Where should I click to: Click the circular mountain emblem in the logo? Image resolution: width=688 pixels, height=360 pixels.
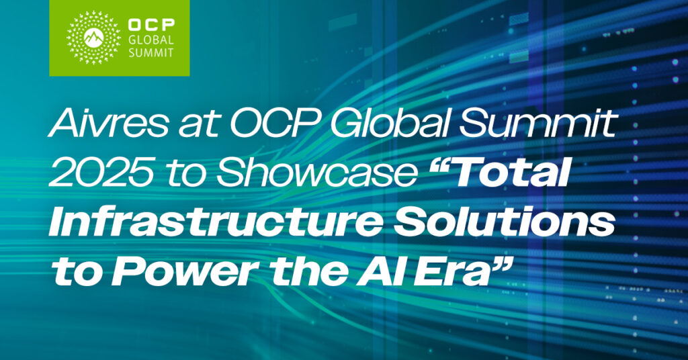coord(93,38)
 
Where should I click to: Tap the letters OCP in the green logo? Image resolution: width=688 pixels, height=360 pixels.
coord(149,26)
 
